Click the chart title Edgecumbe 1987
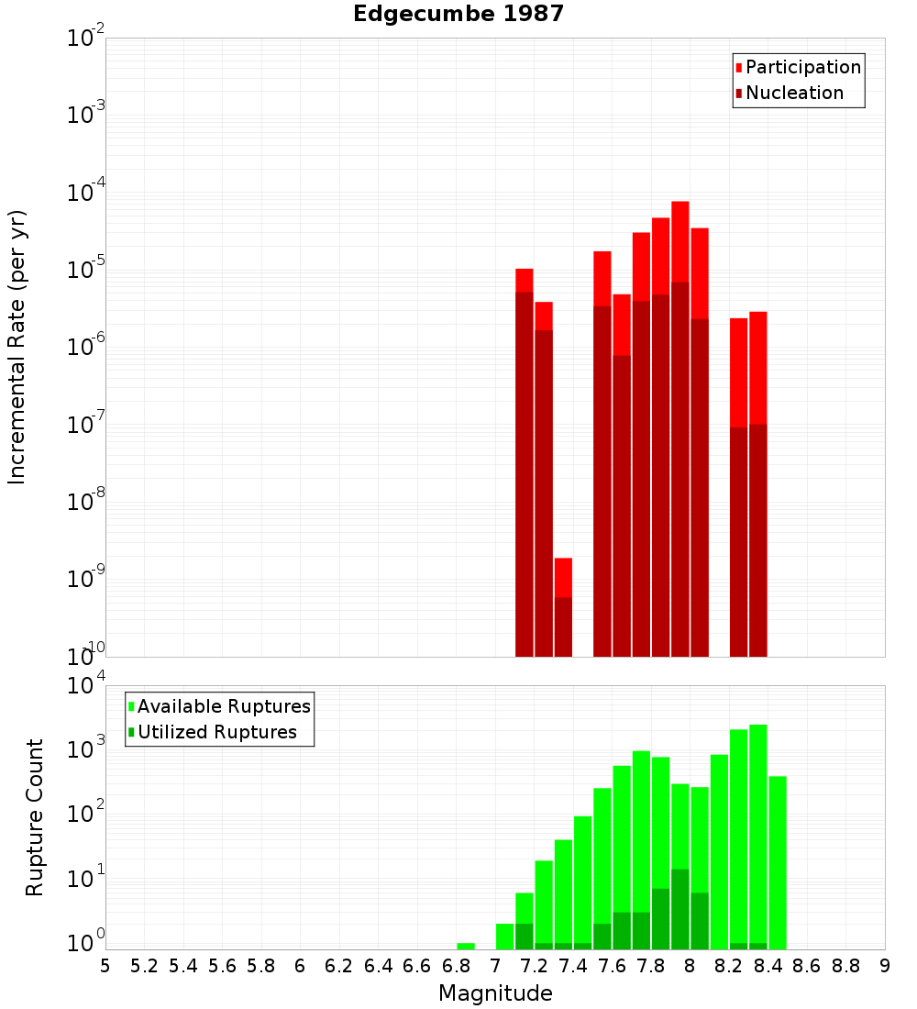pos(458,14)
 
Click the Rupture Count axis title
pos(35,817)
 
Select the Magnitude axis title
pos(495,993)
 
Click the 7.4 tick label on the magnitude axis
pos(573,966)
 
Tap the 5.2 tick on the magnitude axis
pos(144,966)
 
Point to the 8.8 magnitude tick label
pos(845,966)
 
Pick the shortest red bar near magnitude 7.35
pos(563,605)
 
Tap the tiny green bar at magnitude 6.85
pos(466,946)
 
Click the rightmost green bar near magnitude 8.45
pos(778,862)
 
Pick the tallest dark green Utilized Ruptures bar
pos(679,908)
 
